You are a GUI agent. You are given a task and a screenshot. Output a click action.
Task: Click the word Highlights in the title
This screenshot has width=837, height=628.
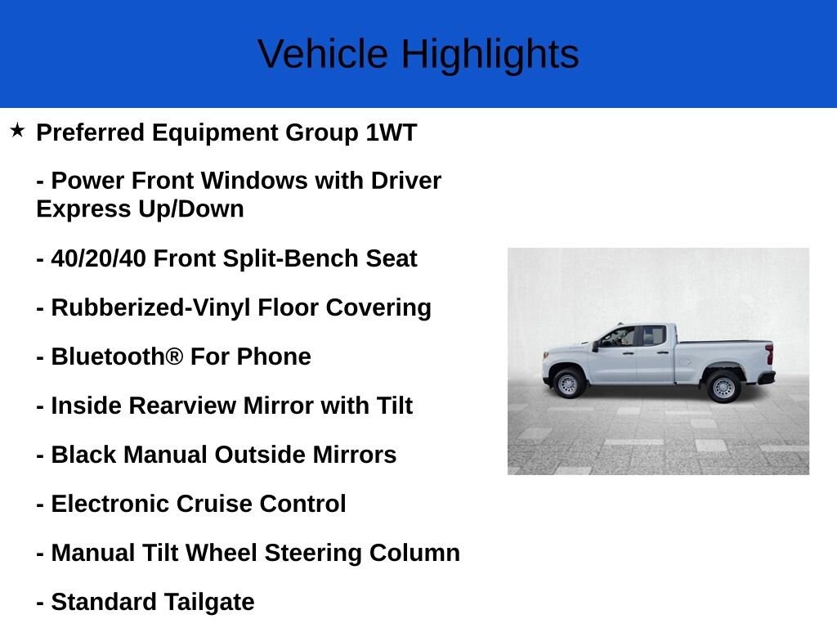point(490,55)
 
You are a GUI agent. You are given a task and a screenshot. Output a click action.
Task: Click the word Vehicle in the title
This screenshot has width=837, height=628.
point(323,55)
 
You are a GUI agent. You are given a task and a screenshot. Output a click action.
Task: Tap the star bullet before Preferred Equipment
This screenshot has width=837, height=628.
point(17,130)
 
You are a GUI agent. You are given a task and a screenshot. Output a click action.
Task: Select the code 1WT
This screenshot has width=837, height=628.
point(391,132)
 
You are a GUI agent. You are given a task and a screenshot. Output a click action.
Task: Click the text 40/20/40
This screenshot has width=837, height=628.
point(99,258)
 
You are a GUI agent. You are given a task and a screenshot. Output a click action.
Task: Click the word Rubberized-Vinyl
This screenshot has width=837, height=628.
point(151,307)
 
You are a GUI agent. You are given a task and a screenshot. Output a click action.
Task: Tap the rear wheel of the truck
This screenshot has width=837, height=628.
point(723,387)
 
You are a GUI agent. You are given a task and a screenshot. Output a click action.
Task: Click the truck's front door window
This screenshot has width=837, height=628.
point(620,336)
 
